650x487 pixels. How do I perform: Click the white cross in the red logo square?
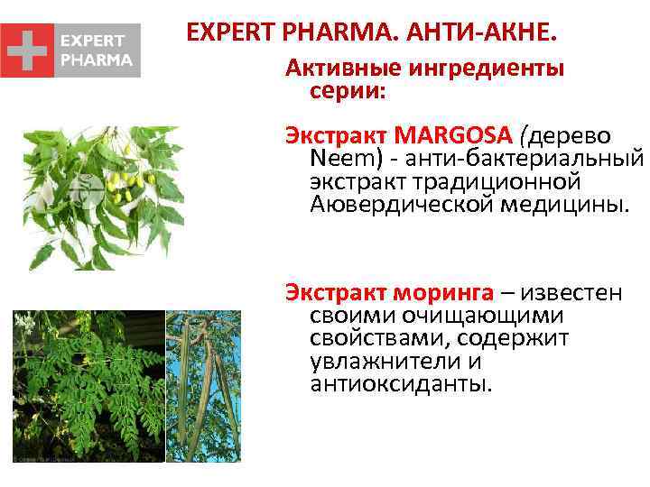pos(27,51)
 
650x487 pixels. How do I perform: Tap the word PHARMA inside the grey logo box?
pos(96,60)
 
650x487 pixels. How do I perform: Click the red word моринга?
pos(442,294)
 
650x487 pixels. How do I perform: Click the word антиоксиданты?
pos(400,384)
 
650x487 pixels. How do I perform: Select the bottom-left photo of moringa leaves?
pos(88,386)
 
